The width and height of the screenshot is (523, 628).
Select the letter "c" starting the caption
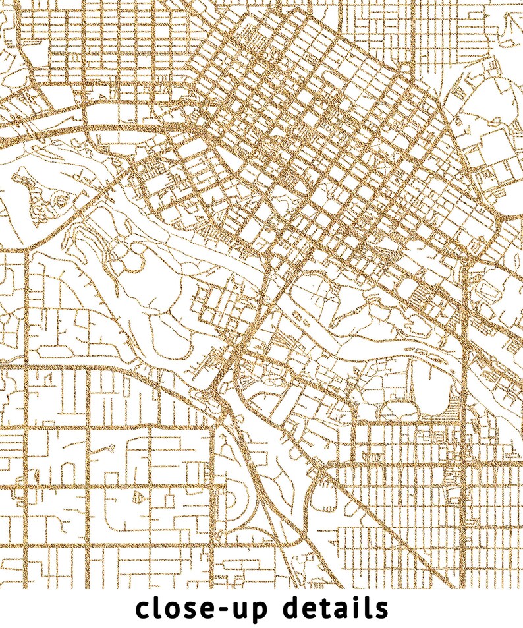(144, 609)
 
